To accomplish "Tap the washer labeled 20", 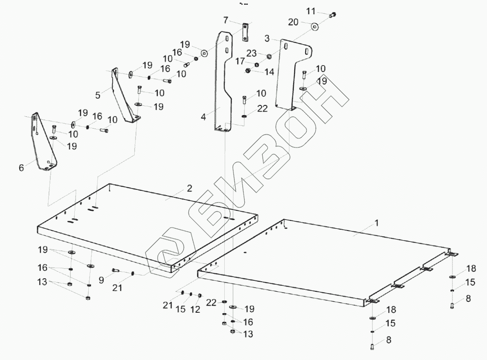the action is (x=315, y=27).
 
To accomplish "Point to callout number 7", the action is (x=226, y=20).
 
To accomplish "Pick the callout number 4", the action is (x=203, y=117).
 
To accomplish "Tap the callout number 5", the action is (x=98, y=94).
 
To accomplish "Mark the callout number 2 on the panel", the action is (x=189, y=189).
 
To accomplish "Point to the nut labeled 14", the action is (x=248, y=71).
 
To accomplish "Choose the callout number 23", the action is (x=251, y=53).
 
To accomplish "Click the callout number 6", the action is (x=21, y=167).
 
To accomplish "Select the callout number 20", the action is (x=293, y=22).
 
